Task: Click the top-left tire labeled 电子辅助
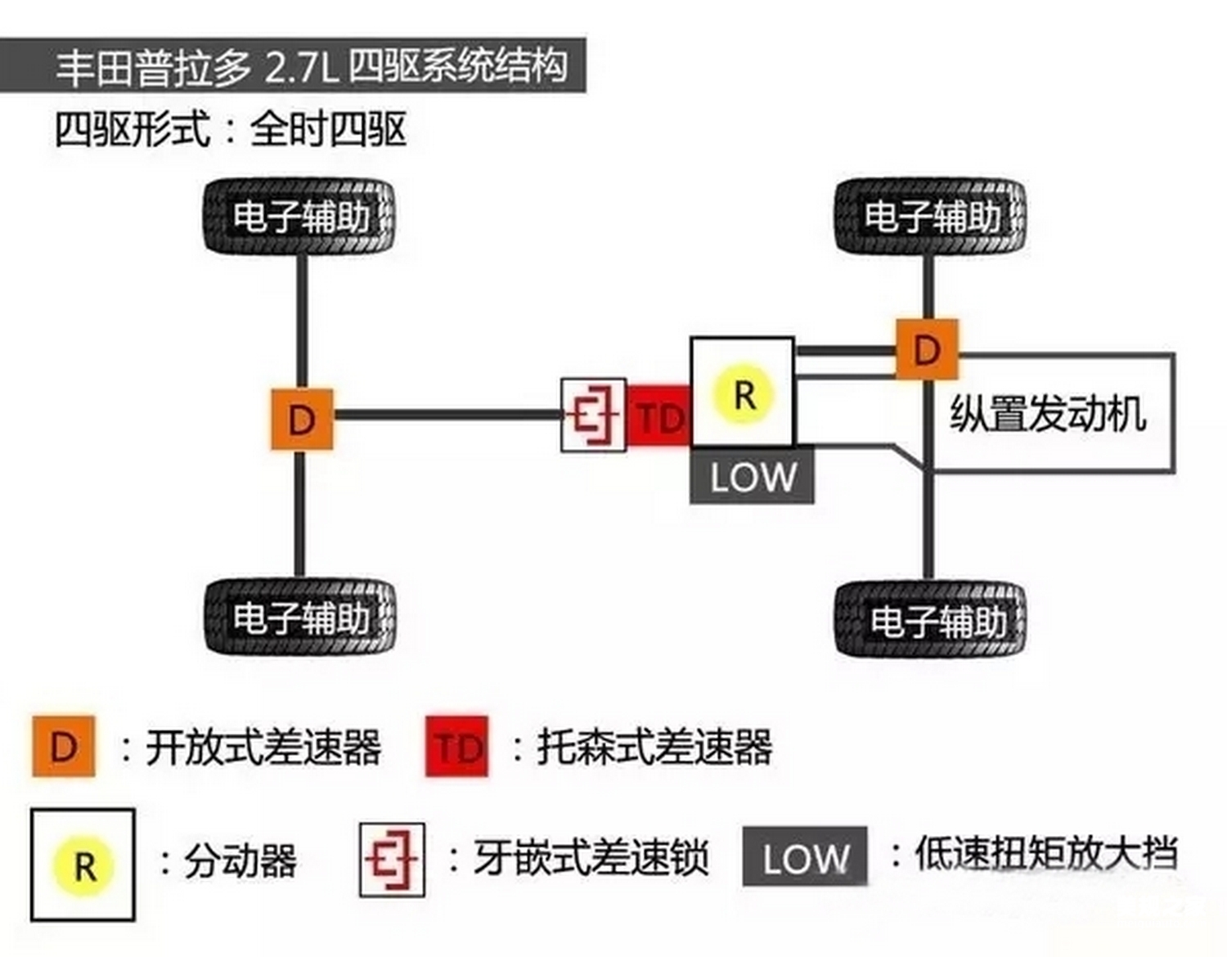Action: [299, 217]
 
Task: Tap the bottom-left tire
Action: [299, 618]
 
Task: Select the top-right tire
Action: [930, 217]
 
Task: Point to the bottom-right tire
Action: [930, 620]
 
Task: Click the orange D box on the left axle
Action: [302, 420]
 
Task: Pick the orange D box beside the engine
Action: [927, 350]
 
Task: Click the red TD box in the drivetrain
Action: [658, 417]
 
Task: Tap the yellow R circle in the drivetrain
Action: [743, 395]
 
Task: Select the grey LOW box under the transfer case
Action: [752, 477]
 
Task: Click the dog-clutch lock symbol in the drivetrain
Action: [594, 415]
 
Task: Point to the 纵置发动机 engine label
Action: [1048, 413]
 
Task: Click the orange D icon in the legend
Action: [64, 746]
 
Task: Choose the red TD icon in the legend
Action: [456, 746]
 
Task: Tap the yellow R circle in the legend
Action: [83, 865]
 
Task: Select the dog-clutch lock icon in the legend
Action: [393, 860]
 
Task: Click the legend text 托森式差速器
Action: [654, 746]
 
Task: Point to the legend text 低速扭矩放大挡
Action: [1047, 854]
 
